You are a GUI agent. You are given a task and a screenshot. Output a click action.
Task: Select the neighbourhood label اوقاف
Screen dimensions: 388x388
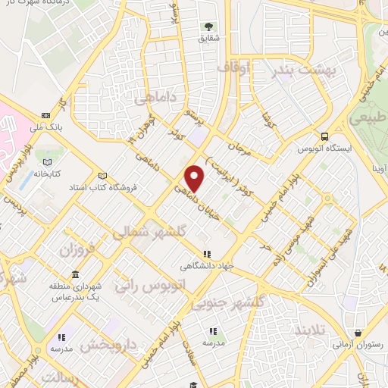(233, 68)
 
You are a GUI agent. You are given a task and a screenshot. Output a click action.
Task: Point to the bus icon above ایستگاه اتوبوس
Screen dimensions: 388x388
(324, 137)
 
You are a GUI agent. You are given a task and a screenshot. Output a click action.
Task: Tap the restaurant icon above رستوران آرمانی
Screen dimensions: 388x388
(358, 333)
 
